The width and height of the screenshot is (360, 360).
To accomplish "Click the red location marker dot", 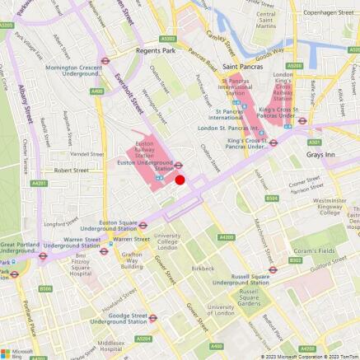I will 180,180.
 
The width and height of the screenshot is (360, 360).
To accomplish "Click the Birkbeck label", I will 203,269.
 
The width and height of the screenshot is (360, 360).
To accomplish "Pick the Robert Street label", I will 71,171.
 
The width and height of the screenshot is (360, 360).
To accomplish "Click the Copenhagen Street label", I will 326,14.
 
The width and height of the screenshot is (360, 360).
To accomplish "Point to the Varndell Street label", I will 86,152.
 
